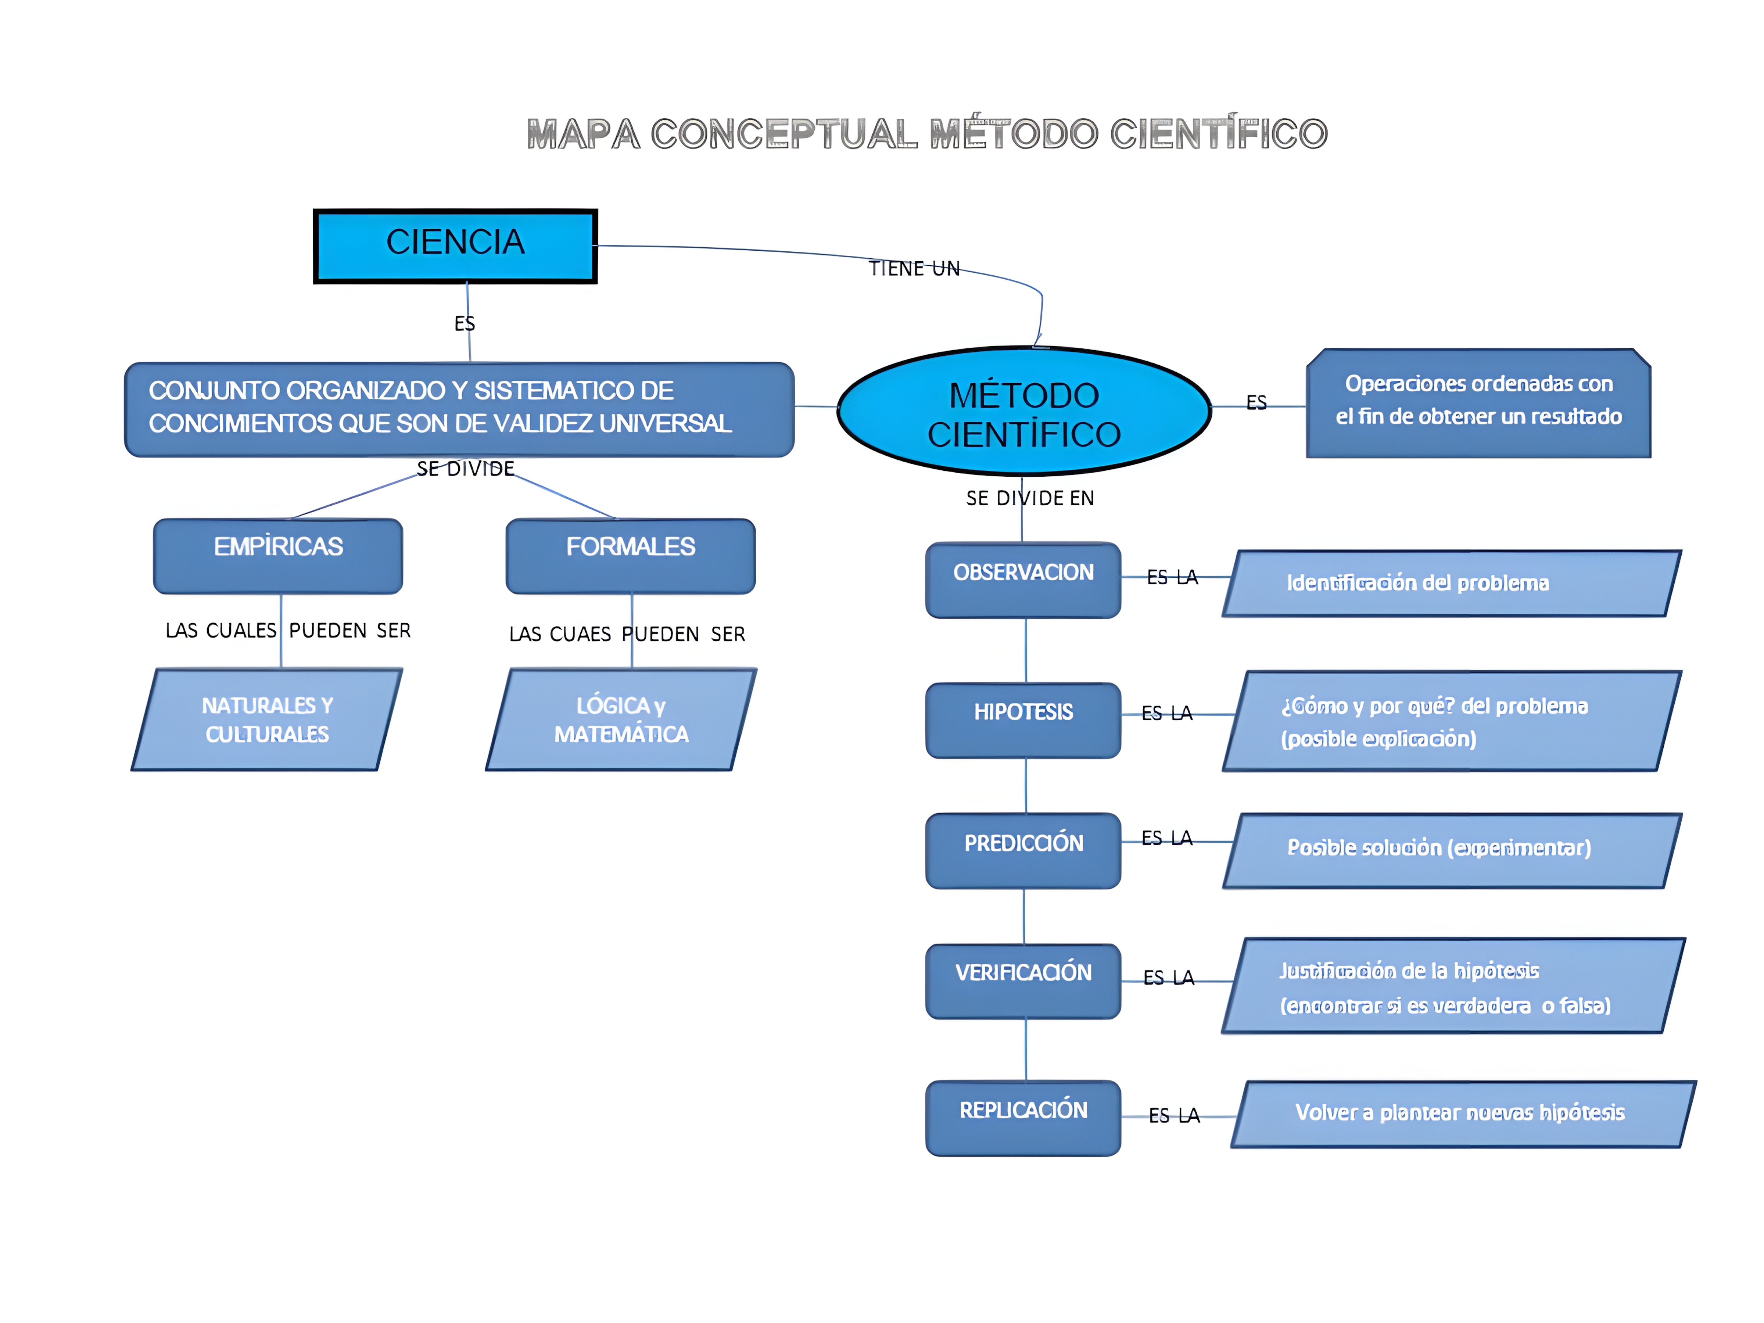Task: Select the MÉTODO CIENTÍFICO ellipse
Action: point(1024,412)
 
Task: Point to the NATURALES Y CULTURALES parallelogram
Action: point(267,719)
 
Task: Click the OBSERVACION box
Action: point(1023,580)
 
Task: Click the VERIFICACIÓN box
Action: point(1023,981)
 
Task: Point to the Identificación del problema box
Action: point(1451,583)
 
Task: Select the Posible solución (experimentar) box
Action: point(1451,850)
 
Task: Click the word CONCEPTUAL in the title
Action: point(784,134)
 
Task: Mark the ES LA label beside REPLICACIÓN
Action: point(1174,1116)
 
